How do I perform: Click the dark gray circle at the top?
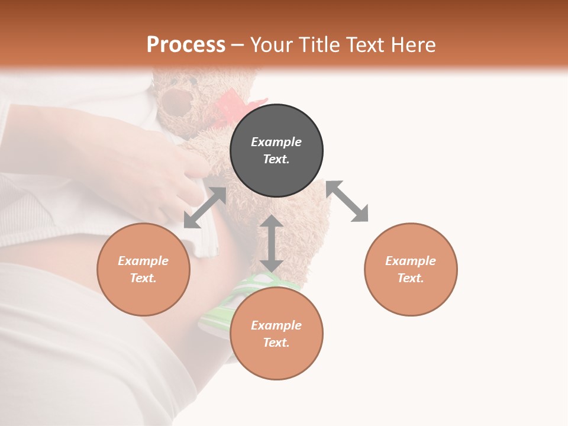[276, 150]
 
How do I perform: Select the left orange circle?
[143, 269]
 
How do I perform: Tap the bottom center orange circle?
[276, 334]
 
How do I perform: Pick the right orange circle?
[411, 269]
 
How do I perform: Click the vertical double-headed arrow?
[271, 243]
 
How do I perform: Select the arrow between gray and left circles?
[205, 207]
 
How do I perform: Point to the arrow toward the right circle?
[347, 201]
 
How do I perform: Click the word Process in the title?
[186, 45]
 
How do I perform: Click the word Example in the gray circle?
[276, 142]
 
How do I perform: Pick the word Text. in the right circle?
[411, 278]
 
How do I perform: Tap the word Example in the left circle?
[143, 261]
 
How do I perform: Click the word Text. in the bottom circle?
[276, 343]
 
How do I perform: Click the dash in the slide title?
[237, 46]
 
